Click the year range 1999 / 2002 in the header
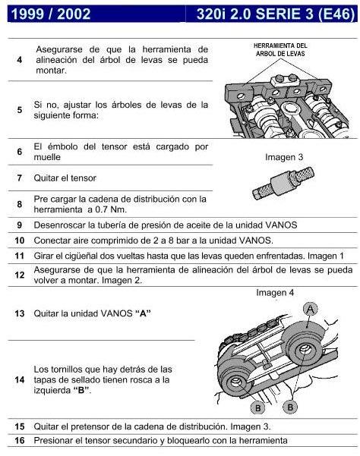click(x=46, y=13)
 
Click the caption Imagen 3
click(x=284, y=157)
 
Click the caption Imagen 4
click(x=275, y=292)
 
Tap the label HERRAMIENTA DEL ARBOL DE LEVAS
click(x=280, y=49)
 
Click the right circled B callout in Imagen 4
click(x=289, y=406)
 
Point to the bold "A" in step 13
click(x=141, y=313)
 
